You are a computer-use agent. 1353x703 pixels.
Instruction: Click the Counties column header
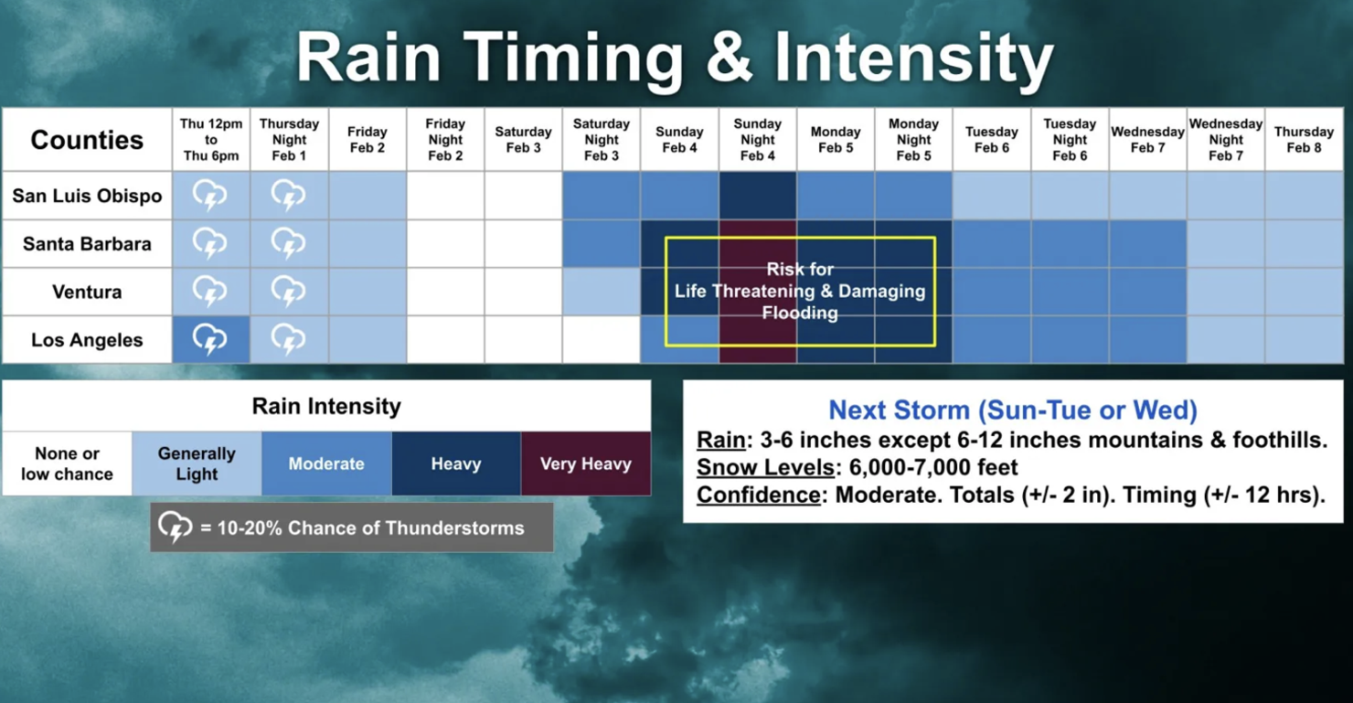87,140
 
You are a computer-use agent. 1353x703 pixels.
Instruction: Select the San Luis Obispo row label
87,196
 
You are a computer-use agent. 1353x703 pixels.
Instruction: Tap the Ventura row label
87,292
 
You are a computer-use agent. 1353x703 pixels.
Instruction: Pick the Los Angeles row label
87,340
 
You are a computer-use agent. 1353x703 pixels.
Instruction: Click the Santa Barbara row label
87,244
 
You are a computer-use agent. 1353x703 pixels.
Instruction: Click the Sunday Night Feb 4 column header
758,140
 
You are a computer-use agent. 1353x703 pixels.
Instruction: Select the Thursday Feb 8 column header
1304,140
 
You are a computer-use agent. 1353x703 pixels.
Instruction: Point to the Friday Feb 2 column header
368,140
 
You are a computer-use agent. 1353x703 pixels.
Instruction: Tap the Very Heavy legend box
586,463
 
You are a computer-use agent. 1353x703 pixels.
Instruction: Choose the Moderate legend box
326,463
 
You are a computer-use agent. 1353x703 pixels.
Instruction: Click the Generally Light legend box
197,463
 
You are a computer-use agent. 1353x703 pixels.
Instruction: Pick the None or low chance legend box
67,463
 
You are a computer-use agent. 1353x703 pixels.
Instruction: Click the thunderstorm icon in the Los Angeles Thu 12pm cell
210,339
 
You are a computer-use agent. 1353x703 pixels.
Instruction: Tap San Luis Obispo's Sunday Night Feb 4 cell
758,196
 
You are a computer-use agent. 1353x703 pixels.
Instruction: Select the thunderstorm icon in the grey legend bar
176,527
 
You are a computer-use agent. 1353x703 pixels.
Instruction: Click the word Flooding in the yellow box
800,313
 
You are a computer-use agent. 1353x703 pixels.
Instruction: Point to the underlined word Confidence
759,495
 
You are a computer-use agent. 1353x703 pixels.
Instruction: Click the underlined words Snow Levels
765,467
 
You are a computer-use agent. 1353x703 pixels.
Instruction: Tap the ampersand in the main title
729,58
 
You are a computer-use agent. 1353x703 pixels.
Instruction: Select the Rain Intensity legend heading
326,407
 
